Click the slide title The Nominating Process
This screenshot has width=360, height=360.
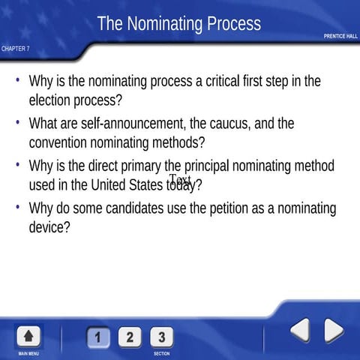coord(179,24)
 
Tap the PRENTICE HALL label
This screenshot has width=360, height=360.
coord(340,36)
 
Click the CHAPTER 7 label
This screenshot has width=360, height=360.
coord(16,49)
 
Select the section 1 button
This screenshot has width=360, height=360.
coord(99,337)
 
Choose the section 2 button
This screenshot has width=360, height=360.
coord(130,337)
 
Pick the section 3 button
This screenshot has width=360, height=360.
coord(161,337)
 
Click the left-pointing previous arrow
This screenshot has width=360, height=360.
coord(300,330)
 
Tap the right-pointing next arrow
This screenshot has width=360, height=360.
coord(333,330)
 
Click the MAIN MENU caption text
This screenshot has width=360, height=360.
coord(29,353)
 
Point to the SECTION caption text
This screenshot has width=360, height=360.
coord(161,353)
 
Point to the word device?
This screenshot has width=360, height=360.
coord(49,226)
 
